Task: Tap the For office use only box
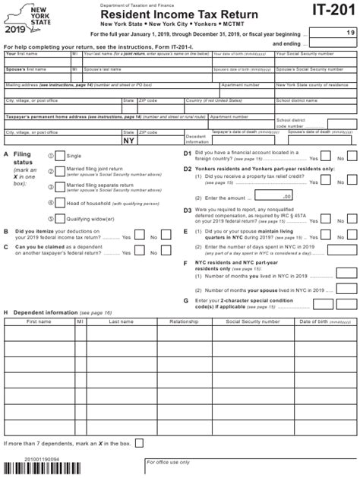248,465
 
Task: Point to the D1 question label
187,152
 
